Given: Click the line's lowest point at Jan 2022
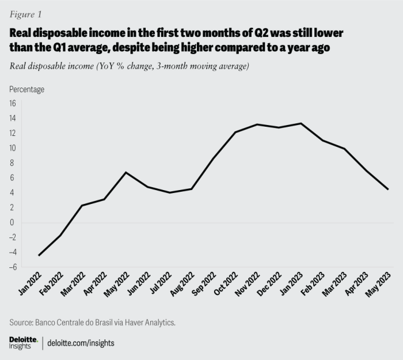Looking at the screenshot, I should [39, 255].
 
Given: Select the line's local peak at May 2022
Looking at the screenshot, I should [126, 172].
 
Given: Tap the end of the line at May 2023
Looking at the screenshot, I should [388, 189].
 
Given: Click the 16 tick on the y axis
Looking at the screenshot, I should [12, 103].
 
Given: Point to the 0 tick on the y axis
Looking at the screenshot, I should [12, 222].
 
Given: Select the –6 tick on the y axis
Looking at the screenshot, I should [12, 267].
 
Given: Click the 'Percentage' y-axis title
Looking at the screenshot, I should [26, 89].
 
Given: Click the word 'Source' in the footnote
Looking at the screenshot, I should [23, 322].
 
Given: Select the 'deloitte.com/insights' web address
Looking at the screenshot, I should [80, 343].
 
